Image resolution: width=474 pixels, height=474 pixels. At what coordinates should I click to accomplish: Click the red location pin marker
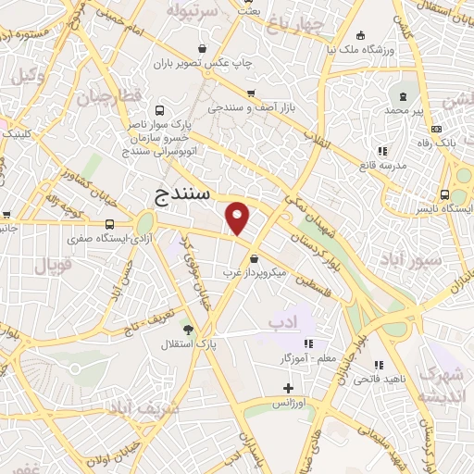(238, 218)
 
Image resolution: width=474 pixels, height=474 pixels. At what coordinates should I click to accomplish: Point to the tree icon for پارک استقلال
(189, 330)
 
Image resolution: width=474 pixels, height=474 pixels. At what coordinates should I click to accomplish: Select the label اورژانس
(288, 405)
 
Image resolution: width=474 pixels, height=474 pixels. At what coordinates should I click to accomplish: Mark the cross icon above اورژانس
(288, 389)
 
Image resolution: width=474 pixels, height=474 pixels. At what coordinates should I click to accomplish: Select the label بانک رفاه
(434, 143)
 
